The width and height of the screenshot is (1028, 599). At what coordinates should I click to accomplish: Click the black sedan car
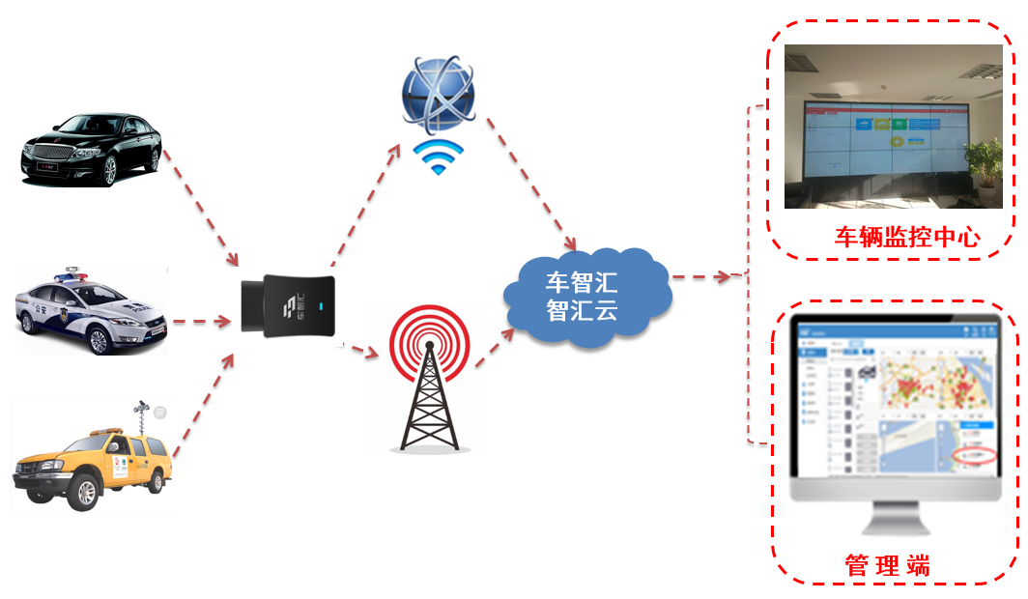pyautogui.click(x=92, y=150)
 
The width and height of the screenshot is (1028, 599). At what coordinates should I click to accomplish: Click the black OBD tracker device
pyautogui.click(x=289, y=303)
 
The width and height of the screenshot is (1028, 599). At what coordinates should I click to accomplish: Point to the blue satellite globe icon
pyautogui.click(x=439, y=95)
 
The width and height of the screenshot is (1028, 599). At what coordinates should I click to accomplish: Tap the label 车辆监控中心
pyautogui.click(x=907, y=238)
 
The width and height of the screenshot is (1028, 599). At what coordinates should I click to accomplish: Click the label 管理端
pyautogui.click(x=888, y=564)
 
